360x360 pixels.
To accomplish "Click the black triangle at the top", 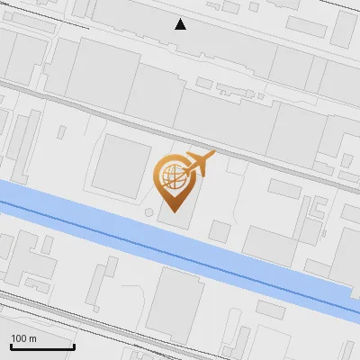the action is coord(180,24).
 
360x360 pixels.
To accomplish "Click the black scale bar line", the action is coord(41,347).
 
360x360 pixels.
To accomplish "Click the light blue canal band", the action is coord(108,216).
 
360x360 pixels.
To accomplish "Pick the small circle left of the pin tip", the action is coord(148,212).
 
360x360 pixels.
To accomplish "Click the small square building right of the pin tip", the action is coord(219,230).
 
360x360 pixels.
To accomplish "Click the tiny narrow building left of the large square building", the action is coord(61,131).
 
